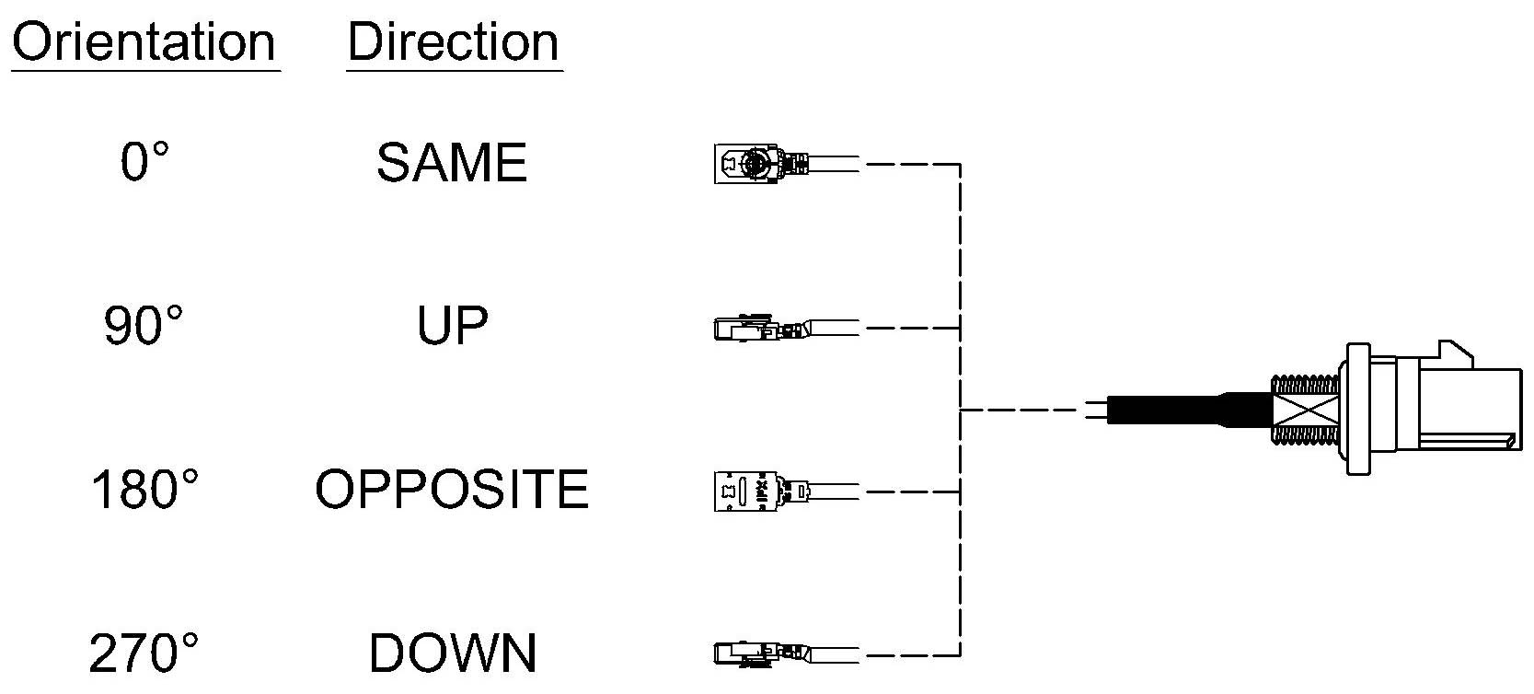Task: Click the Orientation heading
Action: point(144,42)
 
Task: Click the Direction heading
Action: point(454,42)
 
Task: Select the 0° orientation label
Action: point(144,162)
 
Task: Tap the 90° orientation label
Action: point(144,325)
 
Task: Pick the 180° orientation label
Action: point(144,490)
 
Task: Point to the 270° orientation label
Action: point(144,653)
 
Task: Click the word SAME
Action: point(452,162)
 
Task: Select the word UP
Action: point(452,325)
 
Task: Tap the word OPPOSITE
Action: point(452,490)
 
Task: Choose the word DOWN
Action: point(452,653)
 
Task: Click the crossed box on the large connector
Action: point(1305,410)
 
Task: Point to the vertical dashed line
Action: point(960,410)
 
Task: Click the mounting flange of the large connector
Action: point(1358,409)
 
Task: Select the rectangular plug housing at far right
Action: point(1471,410)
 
